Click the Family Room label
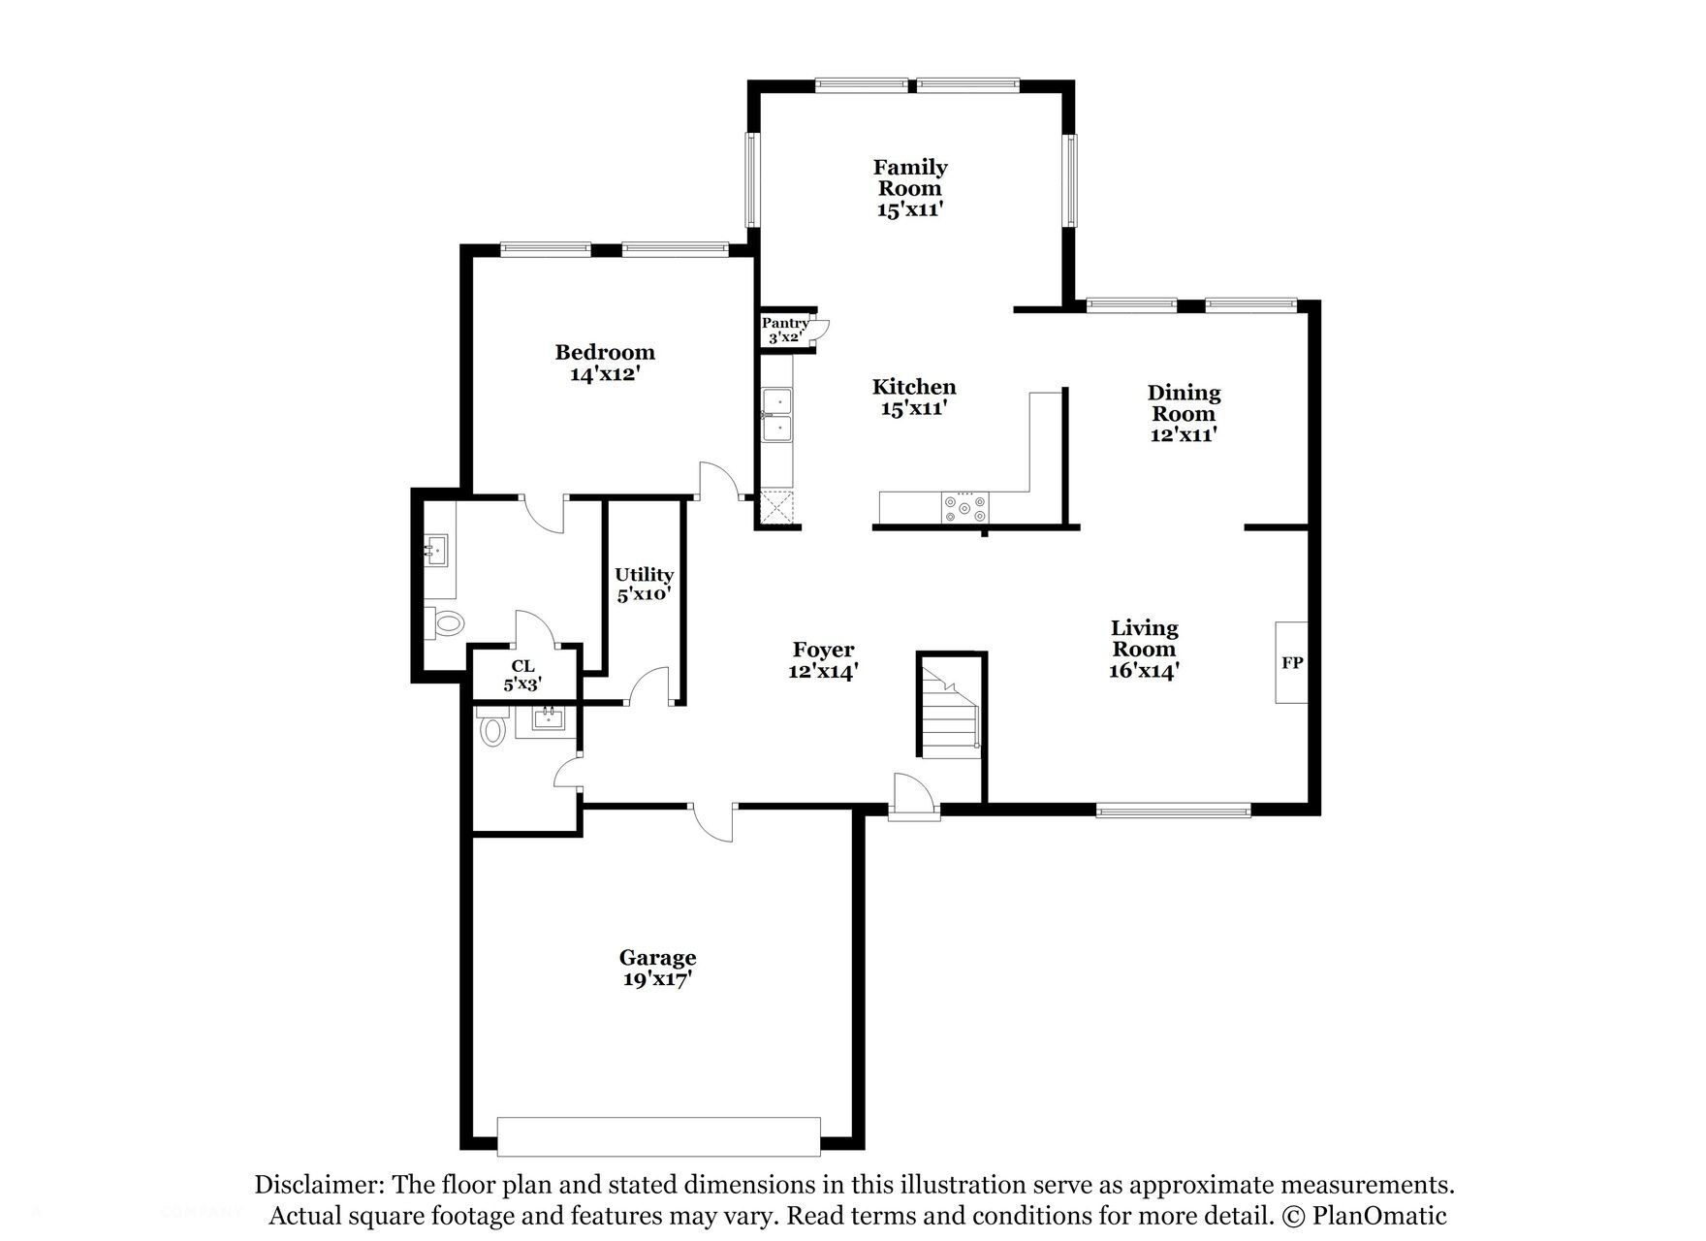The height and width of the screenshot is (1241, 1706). point(910,188)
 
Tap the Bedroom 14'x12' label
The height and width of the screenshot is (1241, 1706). point(605,363)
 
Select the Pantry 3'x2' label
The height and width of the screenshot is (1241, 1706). point(784,331)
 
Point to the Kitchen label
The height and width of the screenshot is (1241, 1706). point(913,398)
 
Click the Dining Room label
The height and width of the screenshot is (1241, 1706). point(1184,413)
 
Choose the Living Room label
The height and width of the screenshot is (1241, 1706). point(1144,649)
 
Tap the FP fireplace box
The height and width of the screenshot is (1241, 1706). point(1291,663)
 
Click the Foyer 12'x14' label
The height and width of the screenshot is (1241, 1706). point(823,660)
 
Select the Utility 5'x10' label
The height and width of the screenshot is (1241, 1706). point(644,585)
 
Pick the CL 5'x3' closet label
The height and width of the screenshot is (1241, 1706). point(522,675)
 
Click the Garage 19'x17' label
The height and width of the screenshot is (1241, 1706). point(657,968)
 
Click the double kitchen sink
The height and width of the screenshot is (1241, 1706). point(776,414)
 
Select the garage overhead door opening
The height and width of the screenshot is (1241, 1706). point(659,1136)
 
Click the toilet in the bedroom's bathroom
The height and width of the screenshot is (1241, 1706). point(449,621)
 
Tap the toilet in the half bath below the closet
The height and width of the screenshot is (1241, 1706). point(492,729)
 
